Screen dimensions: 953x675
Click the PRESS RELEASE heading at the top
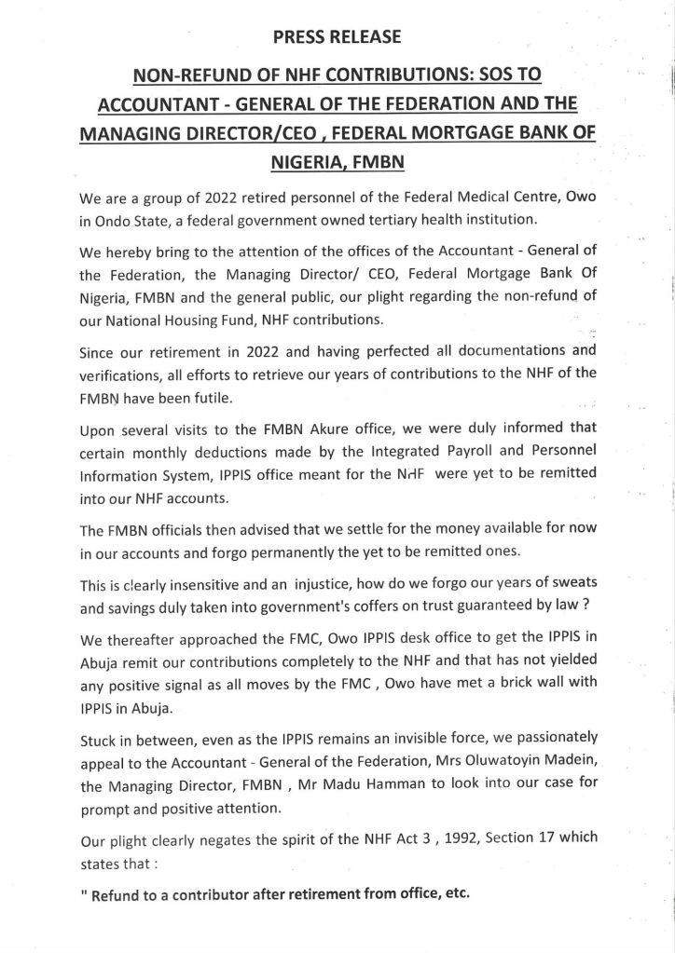[337, 37]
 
